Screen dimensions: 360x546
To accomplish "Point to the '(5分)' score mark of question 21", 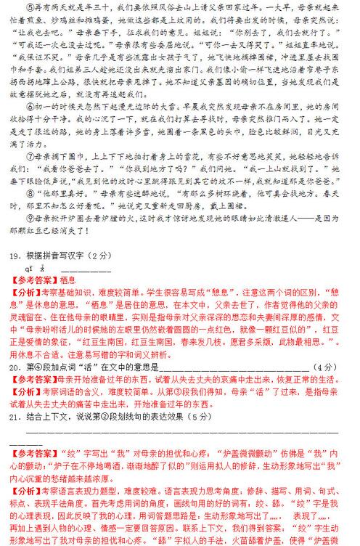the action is (x=180, y=415).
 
